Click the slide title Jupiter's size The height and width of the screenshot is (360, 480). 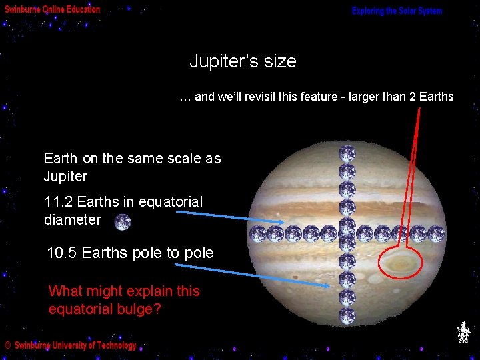[x=243, y=62]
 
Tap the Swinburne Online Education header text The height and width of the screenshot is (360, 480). [x=53, y=9]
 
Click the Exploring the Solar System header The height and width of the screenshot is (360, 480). [x=397, y=11]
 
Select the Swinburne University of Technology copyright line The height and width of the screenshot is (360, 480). [x=71, y=345]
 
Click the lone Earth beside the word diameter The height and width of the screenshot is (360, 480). [x=122, y=222]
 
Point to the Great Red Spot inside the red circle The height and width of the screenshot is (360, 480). [x=401, y=262]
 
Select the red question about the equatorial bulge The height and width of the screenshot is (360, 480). [x=123, y=300]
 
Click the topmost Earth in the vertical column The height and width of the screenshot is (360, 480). [x=347, y=154]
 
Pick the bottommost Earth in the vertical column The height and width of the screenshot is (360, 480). [x=347, y=315]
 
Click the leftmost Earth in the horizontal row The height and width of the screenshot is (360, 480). [x=257, y=234]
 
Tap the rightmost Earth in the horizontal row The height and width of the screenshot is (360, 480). [x=436, y=234]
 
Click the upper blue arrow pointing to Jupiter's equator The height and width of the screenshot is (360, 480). [x=213, y=217]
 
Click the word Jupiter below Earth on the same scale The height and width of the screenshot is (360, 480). [x=65, y=177]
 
